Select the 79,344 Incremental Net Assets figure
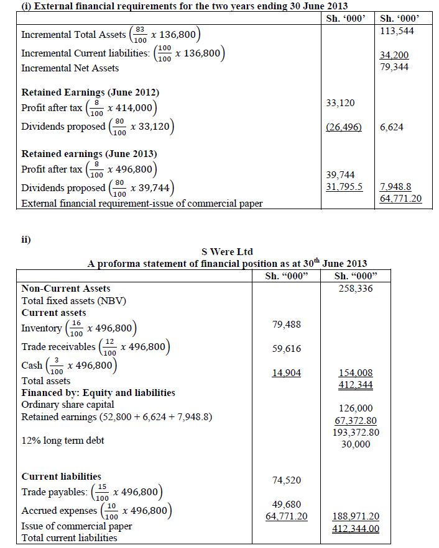pos(394,66)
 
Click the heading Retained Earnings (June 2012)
pos(90,92)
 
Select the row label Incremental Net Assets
pos(70,68)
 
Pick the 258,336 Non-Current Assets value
pos(356,289)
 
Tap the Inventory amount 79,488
pos(287,324)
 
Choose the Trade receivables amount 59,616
pos(287,349)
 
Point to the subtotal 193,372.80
pos(356,432)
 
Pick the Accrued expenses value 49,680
pos(287,504)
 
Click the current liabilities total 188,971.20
pos(356,516)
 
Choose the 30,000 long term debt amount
pos(356,444)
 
